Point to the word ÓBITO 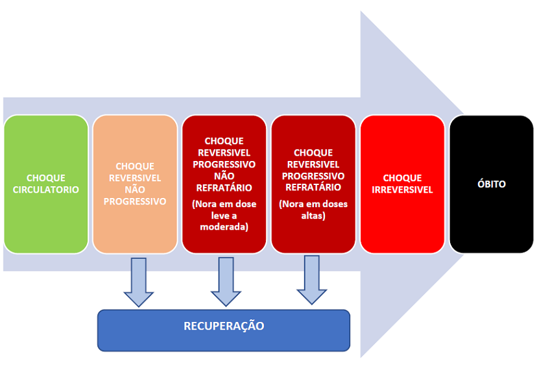point(491,184)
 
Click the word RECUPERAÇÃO point(224,326)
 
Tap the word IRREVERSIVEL point(402,190)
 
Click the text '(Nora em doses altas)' point(313,210)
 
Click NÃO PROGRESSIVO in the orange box point(135,195)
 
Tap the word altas point(313,216)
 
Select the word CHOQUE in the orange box point(135,166)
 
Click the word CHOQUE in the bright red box point(402,178)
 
